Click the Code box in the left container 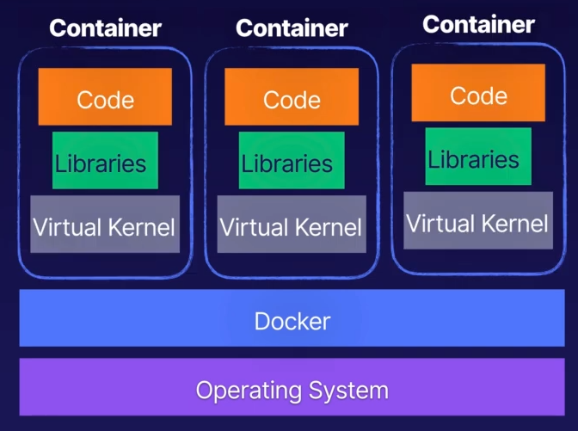(x=105, y=97)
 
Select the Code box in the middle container (x=292, y=97)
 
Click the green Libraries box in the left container (x=105, y=161)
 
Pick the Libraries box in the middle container (x=292, y=161)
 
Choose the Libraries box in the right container (x=478, y=157)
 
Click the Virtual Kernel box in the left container (x=105, y=225)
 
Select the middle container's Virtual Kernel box (x=292, y=225)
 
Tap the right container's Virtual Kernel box (x=478, y=221)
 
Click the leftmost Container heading (x=105, y=28)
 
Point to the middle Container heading (x=292, y=28)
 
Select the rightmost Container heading (x=478, y=24)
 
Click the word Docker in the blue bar (x=292, y=322)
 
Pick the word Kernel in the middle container (x=328, y=228)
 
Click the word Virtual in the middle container (x=252, y=228)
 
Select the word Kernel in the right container (x=513, y=224)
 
